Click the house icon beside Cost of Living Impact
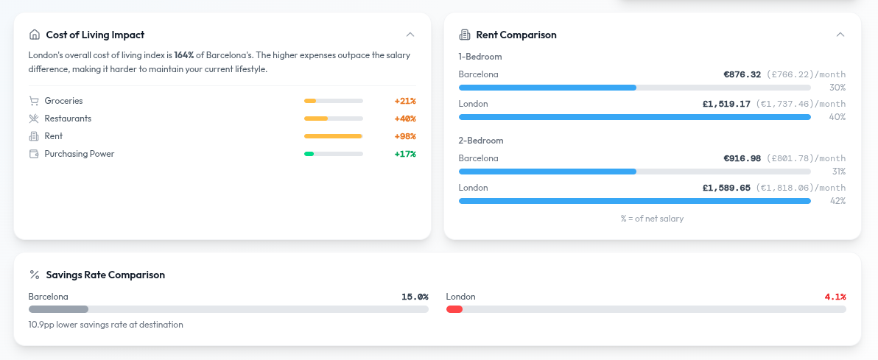pyautogui.click(x=34, y=35)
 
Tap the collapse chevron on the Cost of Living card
pyautogui.click(x=410, y=35)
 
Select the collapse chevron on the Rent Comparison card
pyautogui.click(x=840, y=35)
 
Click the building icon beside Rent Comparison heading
pyautogui.click(x=464, y=35)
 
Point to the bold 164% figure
pyautogui.click(x=183, y=55)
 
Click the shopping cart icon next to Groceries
pyautogui.click(x=34, y=101)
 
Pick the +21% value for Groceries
pyautogui.click(x=405, y=101)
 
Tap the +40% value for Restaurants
pyautogui.click(x=405, y=119)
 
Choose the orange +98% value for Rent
pyautogui.click(x=405, y=136)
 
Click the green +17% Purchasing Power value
pyautogui.click(x=405, y=154)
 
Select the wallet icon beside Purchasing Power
pyautogui.click(x=34, y=154)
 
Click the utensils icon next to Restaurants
pyautogui.click(x=34, y=119)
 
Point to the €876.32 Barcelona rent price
pyautogui.click(x=742, y=74)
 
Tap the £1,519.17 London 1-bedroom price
pyautogui.click(x=726, y=104)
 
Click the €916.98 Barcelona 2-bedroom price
pyautogui.click(x=742, y=158)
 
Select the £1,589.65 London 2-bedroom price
pyautogui.click(x=726, y=188)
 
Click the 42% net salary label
pyautogui.click(x=838, y=201)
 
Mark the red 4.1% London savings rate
pyautogui.click(x=835, y=297)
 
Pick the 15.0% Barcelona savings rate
pyautogui.click(x=415, y=297)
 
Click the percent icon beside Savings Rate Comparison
pyautogui.click(x=34, y=275)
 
